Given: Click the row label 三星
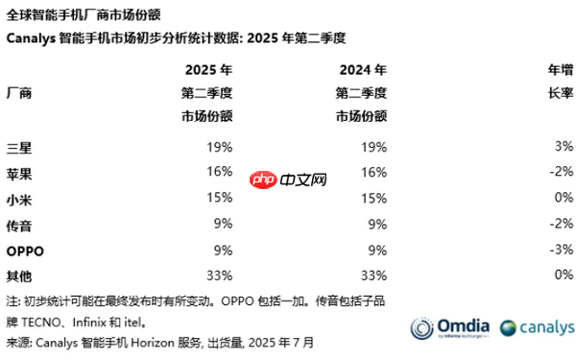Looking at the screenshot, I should [x=19, y=147].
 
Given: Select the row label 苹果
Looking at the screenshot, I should [x=19, y=173].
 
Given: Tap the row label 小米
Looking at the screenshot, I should [x=19, y=199].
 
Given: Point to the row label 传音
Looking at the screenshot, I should [x=19, y=225].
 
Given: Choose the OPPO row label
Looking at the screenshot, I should [x=25, y=251].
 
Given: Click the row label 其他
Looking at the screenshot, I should [x=19, y=276].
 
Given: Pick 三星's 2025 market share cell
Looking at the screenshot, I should [x=219, y=147].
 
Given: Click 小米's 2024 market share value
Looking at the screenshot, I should [x=374, y=199].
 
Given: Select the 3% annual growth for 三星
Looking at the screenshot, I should [x=564, y=147].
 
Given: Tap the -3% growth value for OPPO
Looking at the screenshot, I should [x=561, y=251].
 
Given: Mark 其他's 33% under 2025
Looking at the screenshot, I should [x=219, y=276].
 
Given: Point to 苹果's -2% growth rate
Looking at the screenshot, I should [x=561, y=173].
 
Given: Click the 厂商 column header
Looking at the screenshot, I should [x=19, y=93].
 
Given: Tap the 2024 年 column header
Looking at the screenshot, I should [x=363, y=70].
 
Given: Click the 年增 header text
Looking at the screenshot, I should [x=560, y=70].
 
